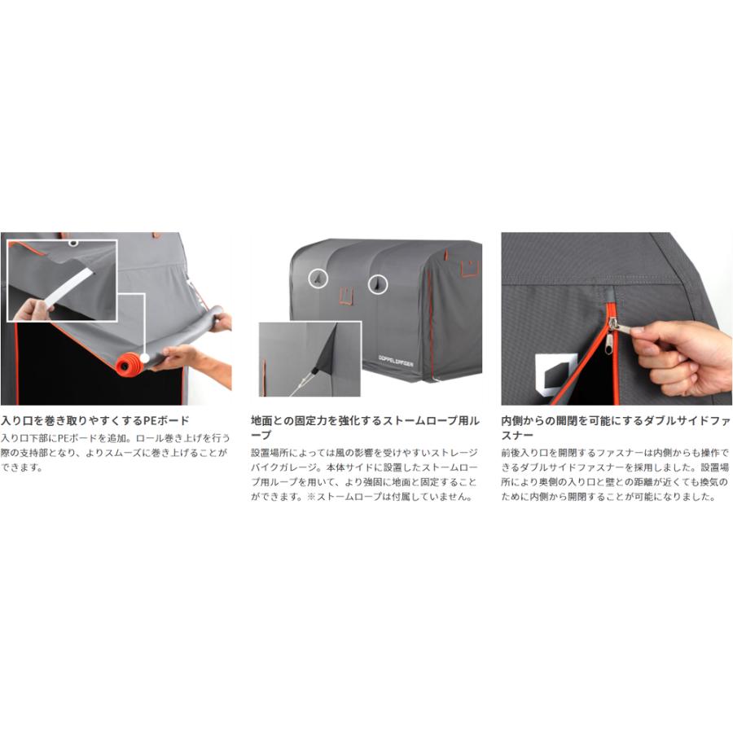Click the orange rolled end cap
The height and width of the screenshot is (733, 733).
coord(128,364)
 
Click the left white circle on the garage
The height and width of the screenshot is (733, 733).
coord(318,279)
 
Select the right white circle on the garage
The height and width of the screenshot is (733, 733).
coord(378,283)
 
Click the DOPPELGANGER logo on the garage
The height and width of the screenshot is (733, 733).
coord(396,361)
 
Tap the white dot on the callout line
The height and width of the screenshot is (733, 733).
coord(144,358)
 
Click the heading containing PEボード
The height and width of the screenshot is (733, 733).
coord(95,420)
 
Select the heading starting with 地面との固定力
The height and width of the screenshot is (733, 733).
coord(365,428)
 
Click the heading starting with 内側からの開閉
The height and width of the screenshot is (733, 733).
coord(616,428)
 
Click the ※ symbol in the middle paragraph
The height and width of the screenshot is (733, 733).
coord(311,497)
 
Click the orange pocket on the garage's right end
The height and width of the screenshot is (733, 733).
coord(470,268)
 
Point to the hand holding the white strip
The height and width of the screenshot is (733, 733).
coord(30,310)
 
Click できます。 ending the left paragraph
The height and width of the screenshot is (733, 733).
coord(21,467)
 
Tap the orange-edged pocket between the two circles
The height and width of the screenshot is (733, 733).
coord(346,296)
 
